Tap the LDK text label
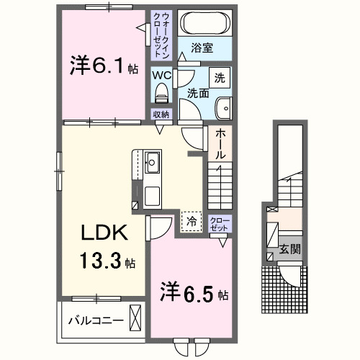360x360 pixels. click(104, 234)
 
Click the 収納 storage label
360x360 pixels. click(161, 114)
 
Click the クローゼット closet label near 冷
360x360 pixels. click(220, 223)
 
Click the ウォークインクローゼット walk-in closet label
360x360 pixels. click(159, 35)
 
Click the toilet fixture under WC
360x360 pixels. click(161, 92)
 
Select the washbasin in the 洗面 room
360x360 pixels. click(225, 108)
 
